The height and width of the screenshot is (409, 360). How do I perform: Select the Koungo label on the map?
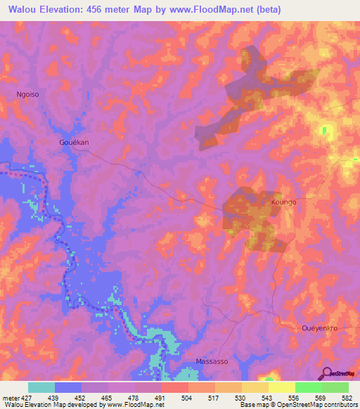pyautogui.click(x=283, y=202)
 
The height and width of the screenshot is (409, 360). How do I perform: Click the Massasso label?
pyautogui.click(x=211, y=361)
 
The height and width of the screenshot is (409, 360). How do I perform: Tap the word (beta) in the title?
pyautogui.click(x=330, y=10)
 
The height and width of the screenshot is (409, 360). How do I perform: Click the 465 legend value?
pyautogui.click(x=108, y=398)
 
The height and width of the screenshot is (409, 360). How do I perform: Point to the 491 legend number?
pyautogui.click(x=161, y=398)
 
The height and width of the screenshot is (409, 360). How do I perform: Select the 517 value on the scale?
pyautogui.click(x=215, y=398)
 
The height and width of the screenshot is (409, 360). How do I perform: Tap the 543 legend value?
pyautogui.click(x=269, y=398)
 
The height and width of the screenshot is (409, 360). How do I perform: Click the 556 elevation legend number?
pyautogui.click(x=295, y=398)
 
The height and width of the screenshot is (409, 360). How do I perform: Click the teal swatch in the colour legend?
pyautogui.click(x=41, y=387)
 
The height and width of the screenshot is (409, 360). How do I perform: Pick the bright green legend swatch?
pyautogui.click(x=309, y=387)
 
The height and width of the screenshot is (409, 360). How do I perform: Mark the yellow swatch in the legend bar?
pyautogui.click(x=282, y=387)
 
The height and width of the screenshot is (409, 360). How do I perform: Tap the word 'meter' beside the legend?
pyautogui.click(x=9, y=398)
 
